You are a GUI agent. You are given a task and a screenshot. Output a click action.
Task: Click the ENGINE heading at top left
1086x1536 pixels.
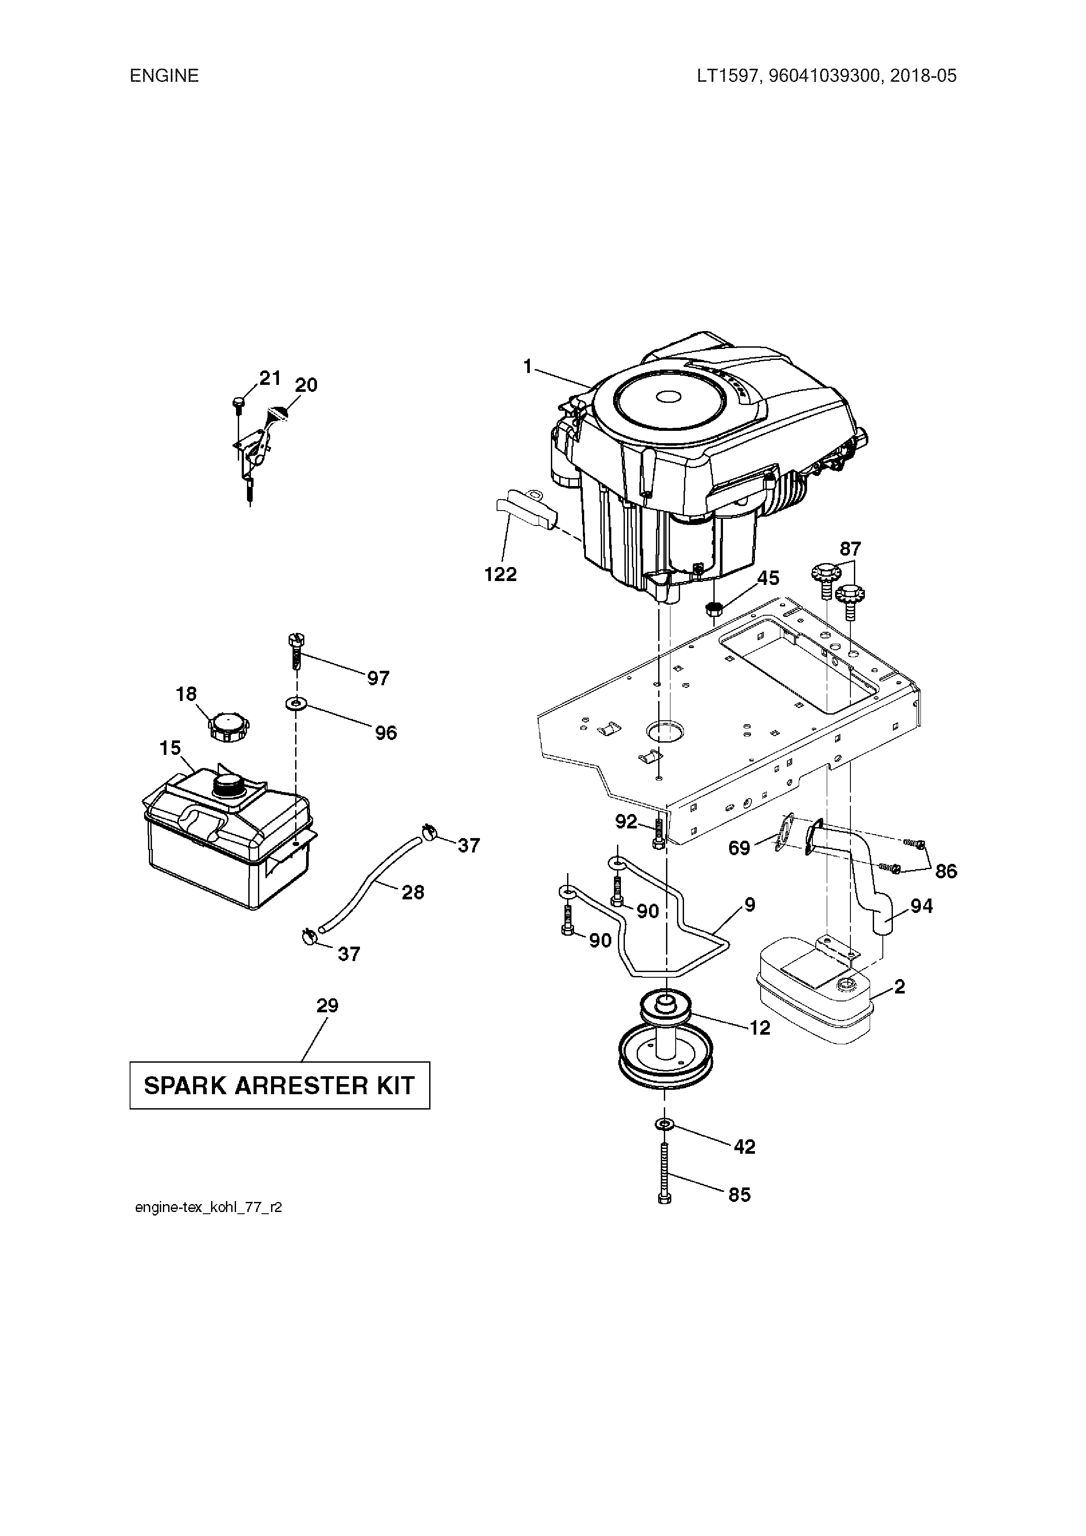164,76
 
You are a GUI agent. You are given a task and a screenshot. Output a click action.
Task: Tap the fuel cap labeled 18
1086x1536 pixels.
228,726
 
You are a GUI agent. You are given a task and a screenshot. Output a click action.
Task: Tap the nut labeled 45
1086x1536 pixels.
714,609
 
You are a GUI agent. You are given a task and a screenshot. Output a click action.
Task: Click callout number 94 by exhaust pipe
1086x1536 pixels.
921,906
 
